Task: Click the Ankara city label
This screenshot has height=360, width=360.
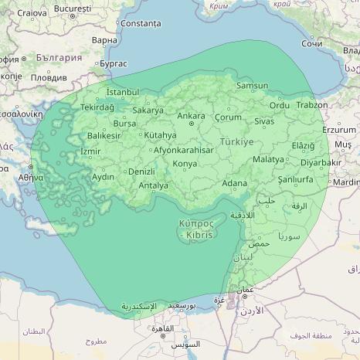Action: (191, 117)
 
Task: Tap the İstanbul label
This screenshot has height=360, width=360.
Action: (122, 92)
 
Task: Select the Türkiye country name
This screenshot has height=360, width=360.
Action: (236, 142)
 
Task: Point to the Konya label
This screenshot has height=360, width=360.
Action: (185, 164)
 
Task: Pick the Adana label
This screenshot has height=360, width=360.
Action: (235, 183)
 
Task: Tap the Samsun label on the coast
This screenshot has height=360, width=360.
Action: (252, 86)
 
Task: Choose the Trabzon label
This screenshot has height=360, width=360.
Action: (312, 105)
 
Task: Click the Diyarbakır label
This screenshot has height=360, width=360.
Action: (321, 163)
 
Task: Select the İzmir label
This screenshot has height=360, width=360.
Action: (90, 151)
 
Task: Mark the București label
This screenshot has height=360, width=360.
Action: (73, 8)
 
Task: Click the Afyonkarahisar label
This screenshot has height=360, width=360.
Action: (184, 150)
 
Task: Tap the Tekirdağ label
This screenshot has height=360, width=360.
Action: (97, 107)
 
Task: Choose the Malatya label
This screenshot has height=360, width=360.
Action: (269, 158)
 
